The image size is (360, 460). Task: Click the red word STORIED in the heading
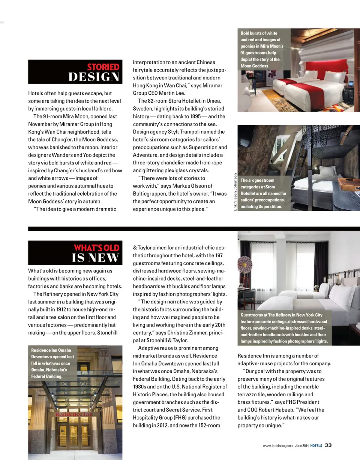103,67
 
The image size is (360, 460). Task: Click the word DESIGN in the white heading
94,77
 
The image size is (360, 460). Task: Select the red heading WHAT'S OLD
96,248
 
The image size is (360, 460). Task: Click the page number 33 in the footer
328,445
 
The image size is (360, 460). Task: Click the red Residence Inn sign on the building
74,415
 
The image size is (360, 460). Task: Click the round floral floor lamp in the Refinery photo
246,265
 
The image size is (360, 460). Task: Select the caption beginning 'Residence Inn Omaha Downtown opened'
52,363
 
